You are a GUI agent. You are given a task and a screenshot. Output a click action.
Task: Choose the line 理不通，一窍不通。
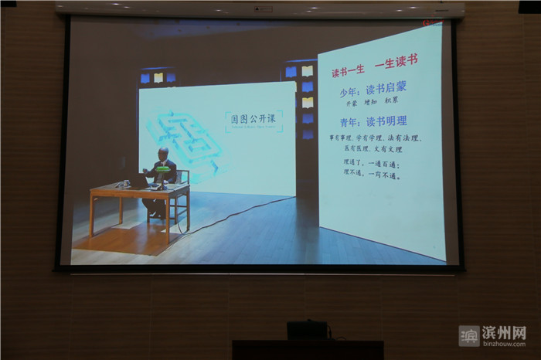371,175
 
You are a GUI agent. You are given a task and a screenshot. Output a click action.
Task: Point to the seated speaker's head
164,153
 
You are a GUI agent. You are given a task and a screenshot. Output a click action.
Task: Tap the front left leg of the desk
93,216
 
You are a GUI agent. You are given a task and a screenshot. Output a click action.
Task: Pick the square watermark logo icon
469,336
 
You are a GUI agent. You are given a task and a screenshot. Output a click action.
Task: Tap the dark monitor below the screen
308,331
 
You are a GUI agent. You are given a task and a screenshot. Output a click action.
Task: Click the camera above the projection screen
263,8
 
